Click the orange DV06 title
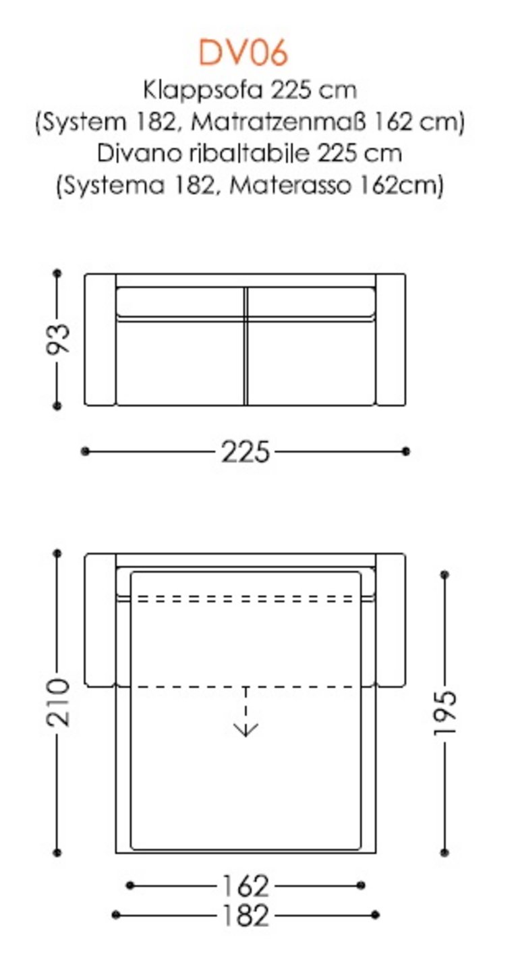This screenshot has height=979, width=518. point(243,53)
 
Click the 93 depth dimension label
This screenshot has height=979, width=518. point(58,338)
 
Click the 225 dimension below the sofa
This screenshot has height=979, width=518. point(246,452)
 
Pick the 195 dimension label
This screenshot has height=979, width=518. point(445,713)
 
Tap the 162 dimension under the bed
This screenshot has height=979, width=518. point(246,886)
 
